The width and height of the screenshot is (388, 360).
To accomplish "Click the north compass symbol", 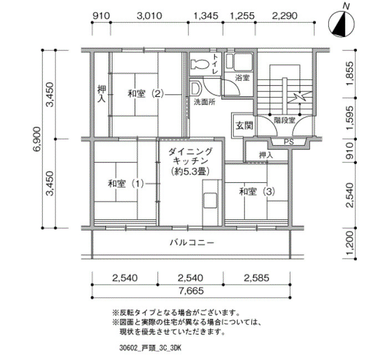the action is click(x=341, y=24).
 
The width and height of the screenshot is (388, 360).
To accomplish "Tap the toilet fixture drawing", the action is click(x=200, y=65).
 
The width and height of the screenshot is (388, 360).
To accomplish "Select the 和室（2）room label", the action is click(x=146, y=94).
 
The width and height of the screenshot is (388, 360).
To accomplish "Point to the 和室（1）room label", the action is click(x=126, y=184).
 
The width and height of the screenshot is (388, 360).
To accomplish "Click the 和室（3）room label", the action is click(x=257, y=192).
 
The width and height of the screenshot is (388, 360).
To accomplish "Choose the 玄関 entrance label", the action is click(x=244, y=125).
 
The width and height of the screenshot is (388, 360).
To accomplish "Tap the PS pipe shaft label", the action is click(x=289, y=142).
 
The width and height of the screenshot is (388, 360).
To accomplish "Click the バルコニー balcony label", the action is click(x=192, y=243).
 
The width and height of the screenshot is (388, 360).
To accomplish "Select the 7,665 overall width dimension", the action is click(x=191, y=291).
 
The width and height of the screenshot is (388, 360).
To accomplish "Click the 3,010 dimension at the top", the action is click(x=149, y=16).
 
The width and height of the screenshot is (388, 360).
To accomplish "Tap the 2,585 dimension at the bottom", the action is click(x=256, y=278).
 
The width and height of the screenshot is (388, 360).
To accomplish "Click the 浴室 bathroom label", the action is click(x=242, y=78).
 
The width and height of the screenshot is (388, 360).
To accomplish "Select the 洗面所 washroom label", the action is click(x=205, y=102).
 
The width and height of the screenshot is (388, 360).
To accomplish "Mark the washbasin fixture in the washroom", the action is click(x=196, y=89).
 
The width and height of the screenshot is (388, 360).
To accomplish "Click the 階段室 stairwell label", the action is click(x=284, y=120).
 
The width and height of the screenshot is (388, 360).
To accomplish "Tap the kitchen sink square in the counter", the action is click(x=210, y=200).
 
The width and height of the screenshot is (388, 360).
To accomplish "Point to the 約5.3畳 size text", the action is click(x=191, y=171).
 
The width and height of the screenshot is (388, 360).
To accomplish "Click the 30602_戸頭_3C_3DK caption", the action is click(x=150, y=348).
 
